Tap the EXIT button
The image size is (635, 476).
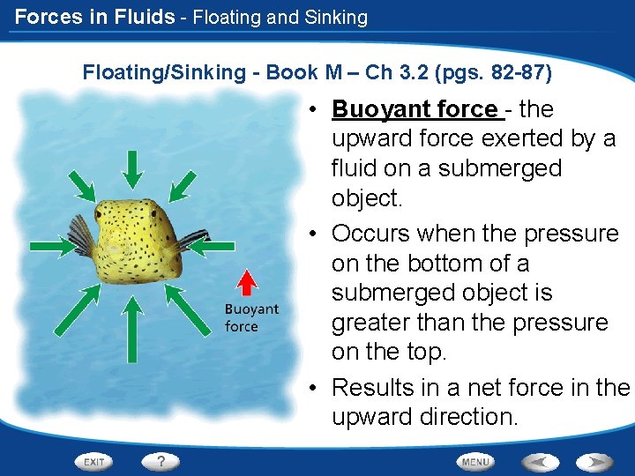coord(93,461)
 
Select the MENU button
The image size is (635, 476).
coord(475,461)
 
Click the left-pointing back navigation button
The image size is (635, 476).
coord(540,461)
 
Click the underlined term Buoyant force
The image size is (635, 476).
coord(415,109)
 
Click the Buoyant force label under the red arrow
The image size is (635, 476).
coord(250,318)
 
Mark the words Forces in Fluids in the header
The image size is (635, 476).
coord(94,17)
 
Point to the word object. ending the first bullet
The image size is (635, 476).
coord(366,197)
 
